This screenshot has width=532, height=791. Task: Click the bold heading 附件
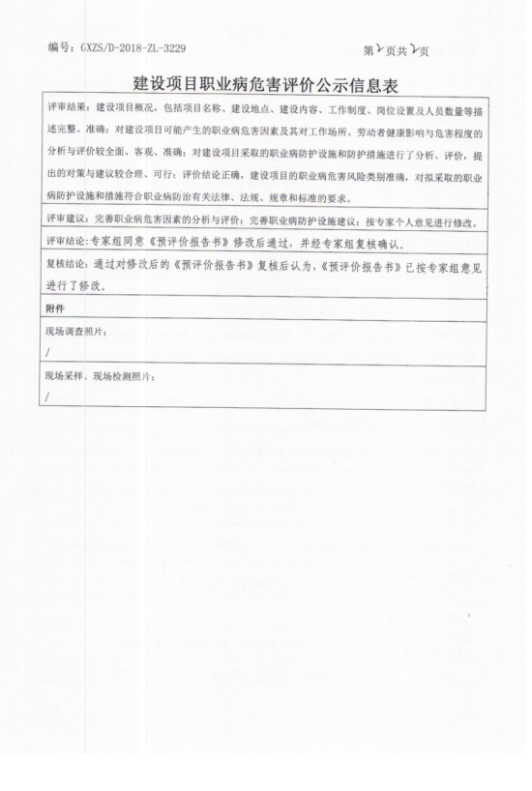pyautogui.click(x=55, y=308)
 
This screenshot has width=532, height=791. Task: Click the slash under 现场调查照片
pyautogui.click(x=46, y=353)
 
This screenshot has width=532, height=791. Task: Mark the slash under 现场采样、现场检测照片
pyautogui.click(x=46, y=397)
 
